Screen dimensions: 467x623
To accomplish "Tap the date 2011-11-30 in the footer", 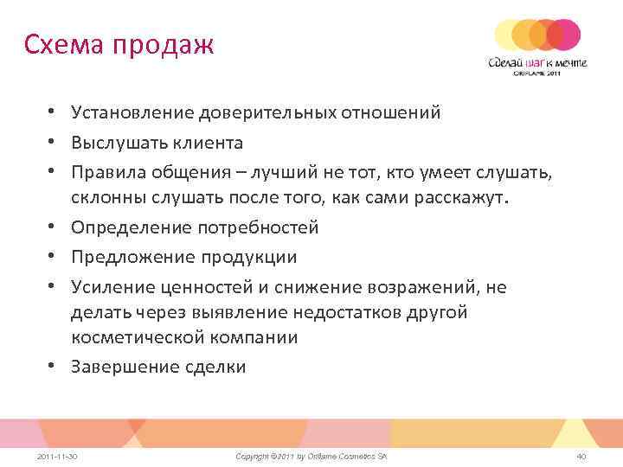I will click(58, 455).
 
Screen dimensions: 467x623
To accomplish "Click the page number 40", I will click(581, 455).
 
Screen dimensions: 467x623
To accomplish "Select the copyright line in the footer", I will click(311, 455).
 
